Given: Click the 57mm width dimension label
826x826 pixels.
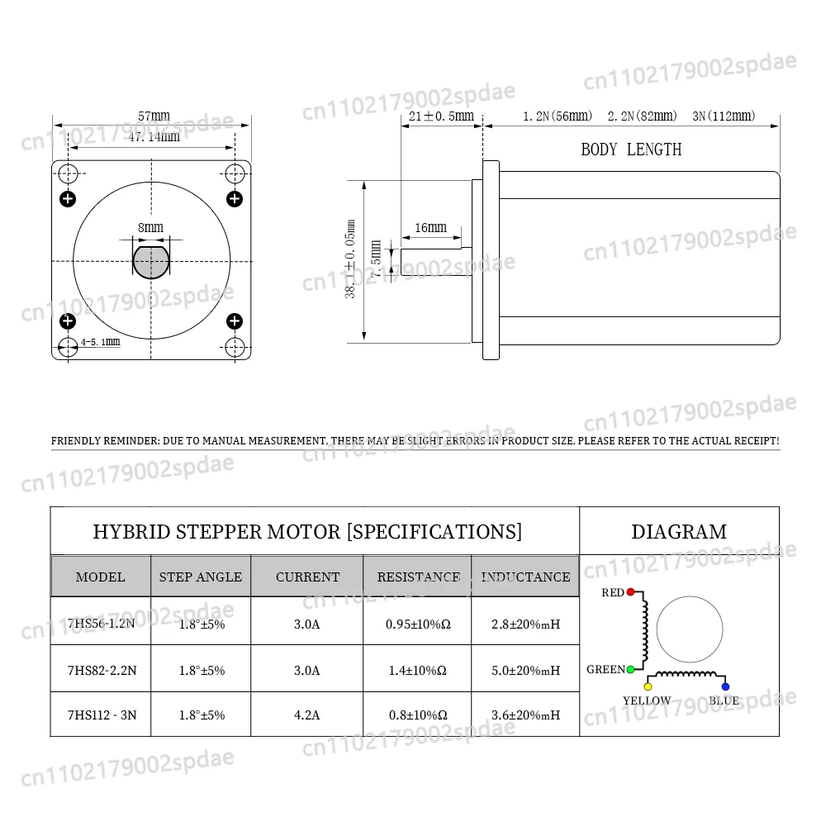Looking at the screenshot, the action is [x=154, y=116].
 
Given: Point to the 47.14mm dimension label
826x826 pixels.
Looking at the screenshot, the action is [x=154, y=137].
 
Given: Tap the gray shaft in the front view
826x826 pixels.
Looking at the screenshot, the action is [x=151, y=261].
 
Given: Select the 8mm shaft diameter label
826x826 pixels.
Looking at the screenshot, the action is [x=150, y=228].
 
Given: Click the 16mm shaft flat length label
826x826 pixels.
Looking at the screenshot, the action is [x=430, y=228].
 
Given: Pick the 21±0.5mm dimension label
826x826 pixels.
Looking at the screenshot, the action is [x=441, y=116].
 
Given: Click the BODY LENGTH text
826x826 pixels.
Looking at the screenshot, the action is [x=631, y=150].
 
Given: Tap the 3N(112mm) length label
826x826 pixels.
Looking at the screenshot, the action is [x=724, y=116].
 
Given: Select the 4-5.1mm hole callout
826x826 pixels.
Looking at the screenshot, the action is [x=100, y=342].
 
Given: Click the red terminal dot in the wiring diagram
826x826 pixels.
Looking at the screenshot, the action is [x=630, y=592].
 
